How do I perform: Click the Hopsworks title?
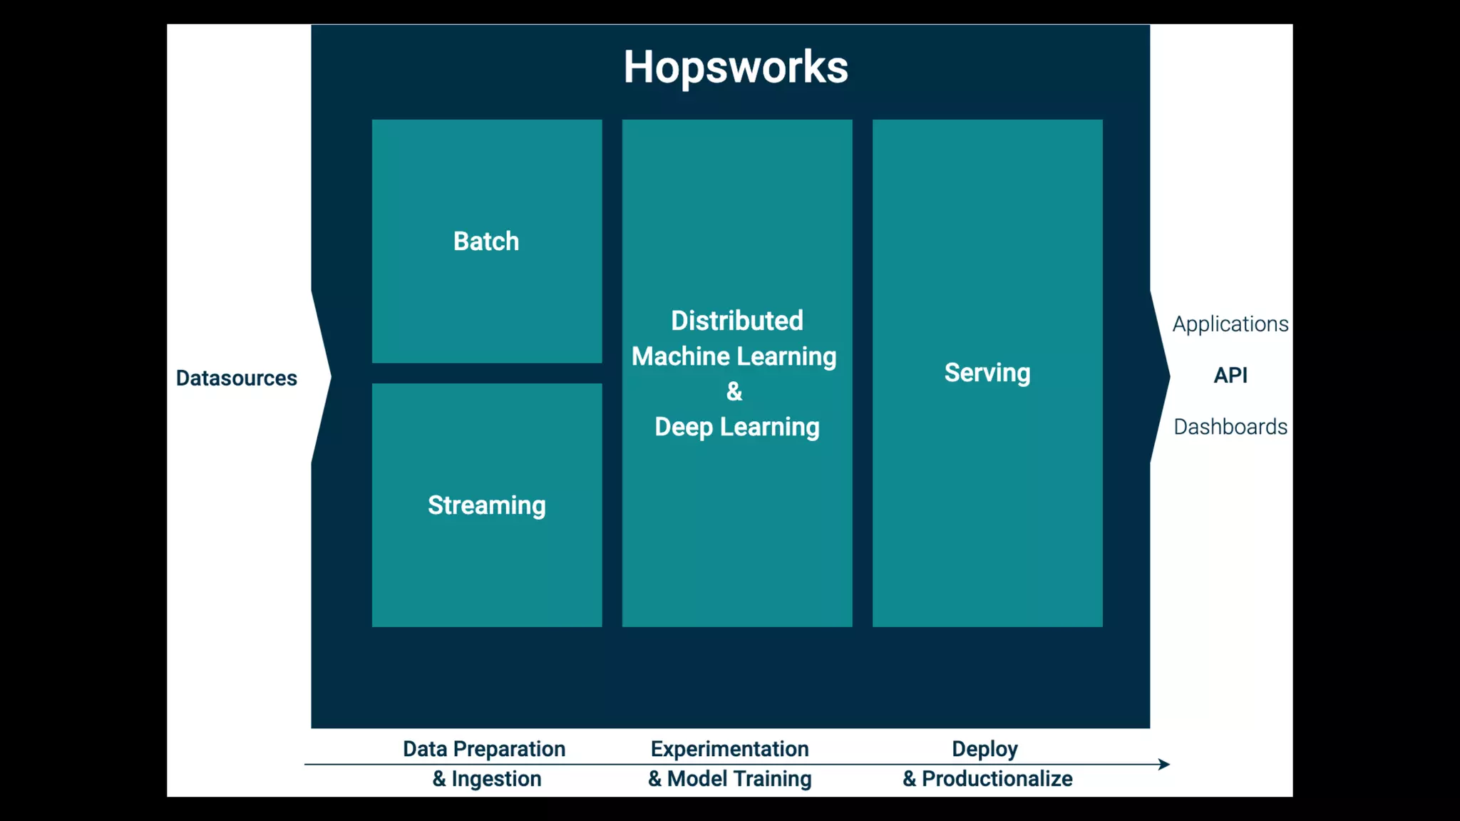tap(736, 68)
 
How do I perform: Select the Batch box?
tap(487, 241)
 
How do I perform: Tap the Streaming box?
tap(487, 505)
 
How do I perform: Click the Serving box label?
tap(987, 373)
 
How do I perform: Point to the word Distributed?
tap(737, 321)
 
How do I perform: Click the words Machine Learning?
tap(734, 356)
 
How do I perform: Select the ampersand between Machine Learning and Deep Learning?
tap(734, 391)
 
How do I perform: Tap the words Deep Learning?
tap(737, 427)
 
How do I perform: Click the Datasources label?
tap(237, 378)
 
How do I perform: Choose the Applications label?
tap(1230, 324)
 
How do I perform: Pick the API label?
tap(1230, 376)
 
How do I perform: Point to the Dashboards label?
tap(1230, 427)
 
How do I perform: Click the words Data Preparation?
tap(484, 749)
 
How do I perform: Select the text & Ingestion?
tap(487, 779)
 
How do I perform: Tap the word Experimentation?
tap(730, 749)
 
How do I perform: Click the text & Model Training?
tap(730, 779)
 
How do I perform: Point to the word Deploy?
tap(985, 749)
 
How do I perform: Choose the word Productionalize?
tap(997, 779)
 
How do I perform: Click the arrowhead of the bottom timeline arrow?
tap(1164, 765)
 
